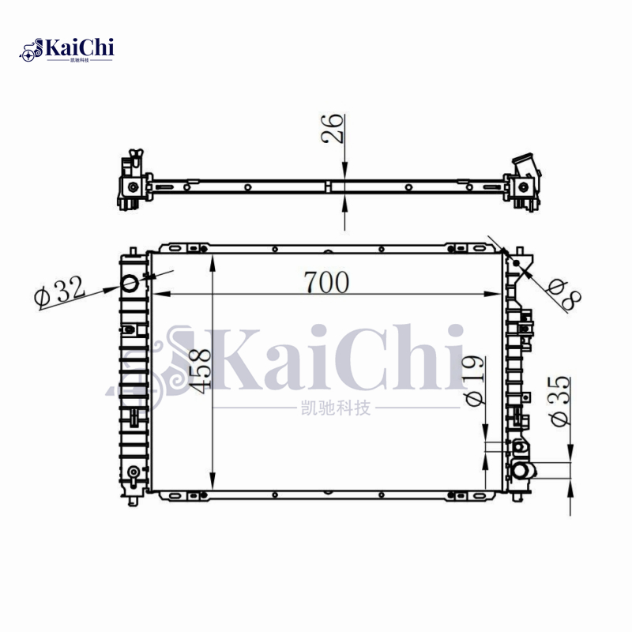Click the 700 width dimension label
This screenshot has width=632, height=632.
[x=326, y=282]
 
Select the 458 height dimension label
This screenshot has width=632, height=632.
[x=201, y=371]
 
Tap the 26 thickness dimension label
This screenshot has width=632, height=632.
[x=333, y=128]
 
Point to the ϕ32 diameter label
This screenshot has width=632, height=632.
[x=60, y=291]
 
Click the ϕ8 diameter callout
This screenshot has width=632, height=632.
[x=565, y=295]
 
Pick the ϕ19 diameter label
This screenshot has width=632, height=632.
[x=475, y=380]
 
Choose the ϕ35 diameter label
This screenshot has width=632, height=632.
[x=559, y=401]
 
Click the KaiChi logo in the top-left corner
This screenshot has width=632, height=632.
[x=66, y=50]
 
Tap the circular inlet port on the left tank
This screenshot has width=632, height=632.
[x=130, y=283]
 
